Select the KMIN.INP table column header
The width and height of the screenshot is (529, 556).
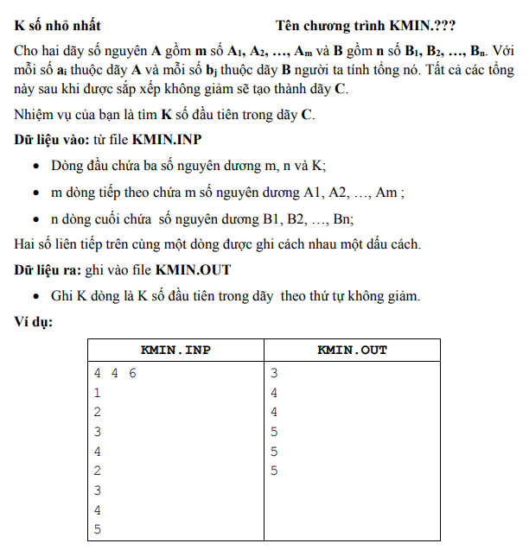click(175, 350)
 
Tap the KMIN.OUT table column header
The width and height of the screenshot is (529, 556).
click(352, 350)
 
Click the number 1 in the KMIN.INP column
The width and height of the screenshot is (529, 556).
click(98, 393)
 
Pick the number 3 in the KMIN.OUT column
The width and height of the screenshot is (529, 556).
click(274, 374)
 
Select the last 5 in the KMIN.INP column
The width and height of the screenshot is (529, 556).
click(98, 529)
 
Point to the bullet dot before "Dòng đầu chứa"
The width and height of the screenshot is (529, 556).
click(35, 166)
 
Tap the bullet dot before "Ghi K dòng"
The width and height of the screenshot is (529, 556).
click(35, 297)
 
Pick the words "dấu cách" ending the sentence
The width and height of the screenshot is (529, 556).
click(395, 244)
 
